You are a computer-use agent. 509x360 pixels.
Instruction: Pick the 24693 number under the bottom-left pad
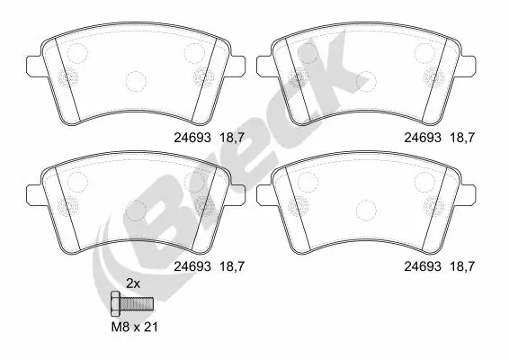192,265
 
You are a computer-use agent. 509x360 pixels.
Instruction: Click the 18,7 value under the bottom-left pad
233,265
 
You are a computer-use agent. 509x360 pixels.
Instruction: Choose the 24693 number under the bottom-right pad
421,265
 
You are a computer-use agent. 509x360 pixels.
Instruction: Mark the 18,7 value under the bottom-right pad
462,265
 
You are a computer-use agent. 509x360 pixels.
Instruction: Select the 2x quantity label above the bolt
132,283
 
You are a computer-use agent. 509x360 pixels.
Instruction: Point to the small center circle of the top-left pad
135,81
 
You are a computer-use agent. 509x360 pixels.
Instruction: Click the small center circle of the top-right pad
366,81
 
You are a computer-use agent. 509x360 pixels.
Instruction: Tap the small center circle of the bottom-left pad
135,210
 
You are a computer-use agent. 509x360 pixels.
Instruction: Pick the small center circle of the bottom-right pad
366,210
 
